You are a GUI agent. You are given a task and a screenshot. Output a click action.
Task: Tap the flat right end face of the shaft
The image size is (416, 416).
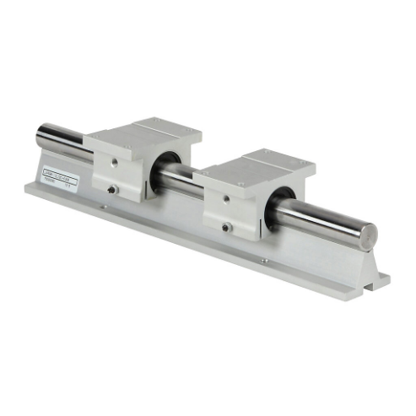pyautogui.click(x=368, y=233)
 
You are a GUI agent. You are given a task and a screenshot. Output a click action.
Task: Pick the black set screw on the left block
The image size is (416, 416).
pyautogui.click(x=112, y=190)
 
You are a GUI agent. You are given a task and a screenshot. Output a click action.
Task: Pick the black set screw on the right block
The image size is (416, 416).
pyautogui.click(x=225, y=227)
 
